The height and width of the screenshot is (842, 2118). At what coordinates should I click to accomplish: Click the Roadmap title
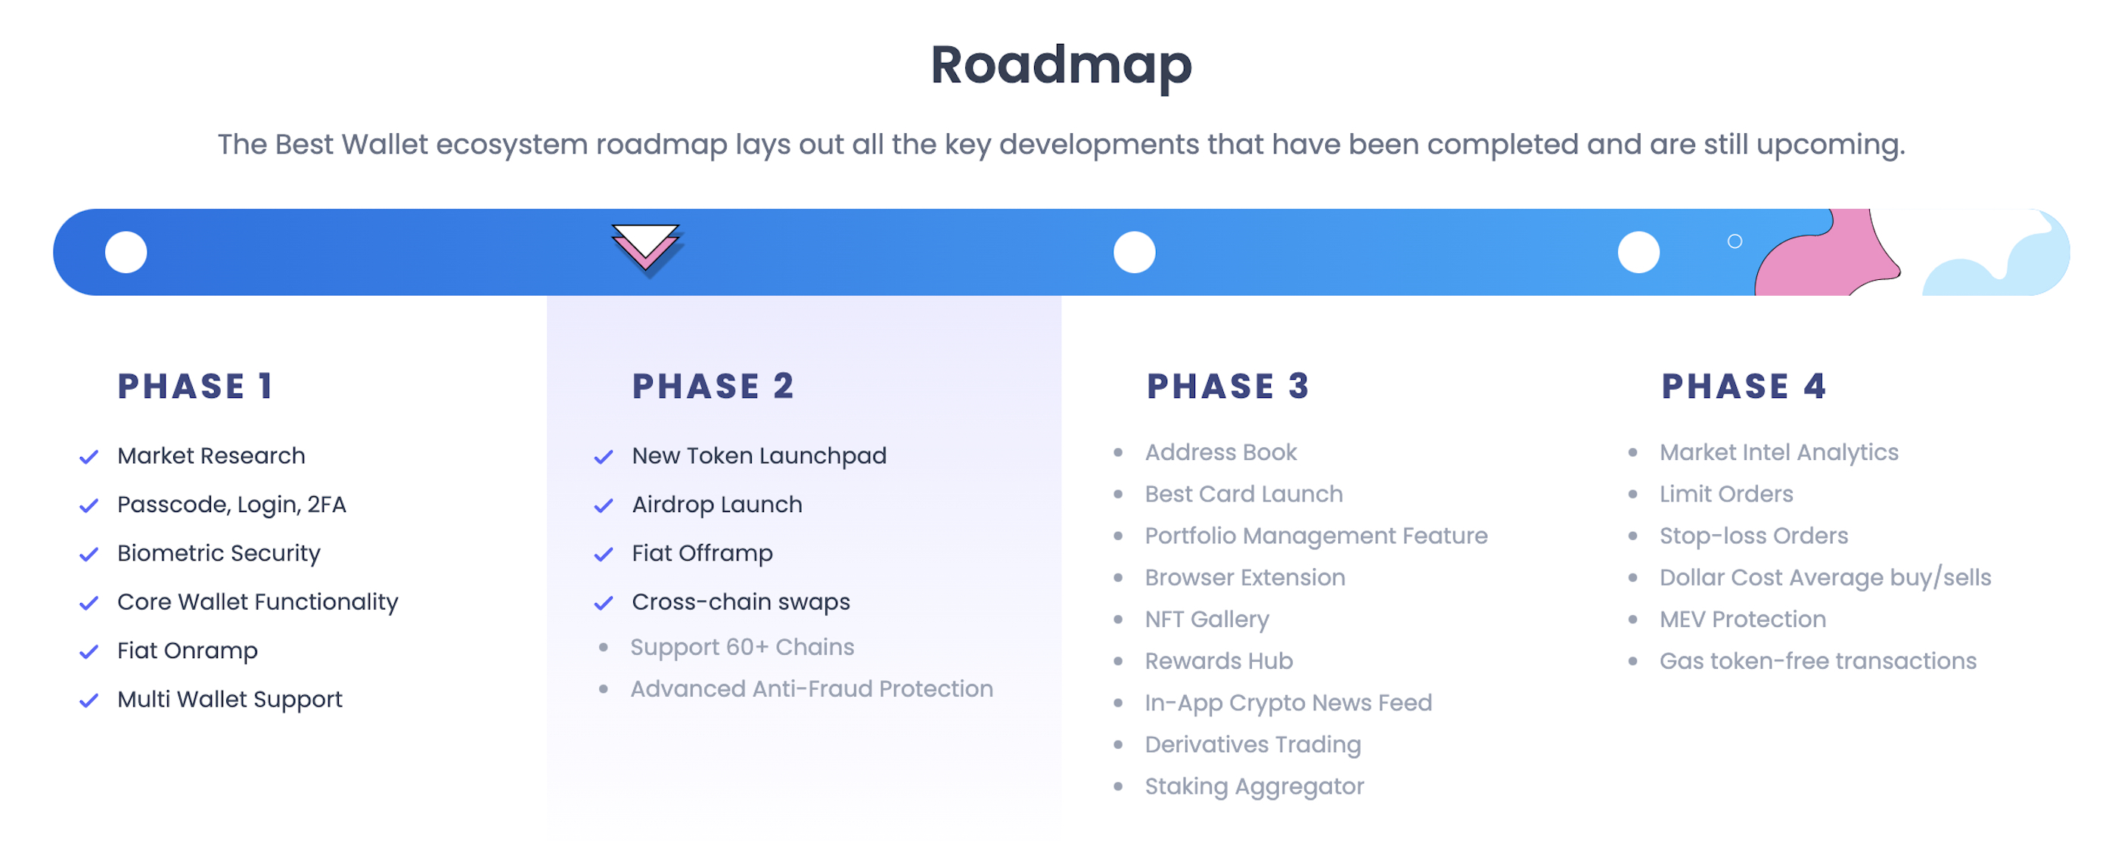pyautogui.click(x=1061, y=65)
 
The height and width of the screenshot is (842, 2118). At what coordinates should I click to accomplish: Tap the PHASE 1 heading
pyautogui.click(x=196, y=387)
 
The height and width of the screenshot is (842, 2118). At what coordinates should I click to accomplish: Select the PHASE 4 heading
pyautogui.click(x=1743, y=387)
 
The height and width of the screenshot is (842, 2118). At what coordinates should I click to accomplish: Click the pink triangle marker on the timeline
pyautogui.click(x=645, y=247)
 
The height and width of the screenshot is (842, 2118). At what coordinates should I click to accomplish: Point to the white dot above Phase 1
pyautogui.click(x=126, y=253)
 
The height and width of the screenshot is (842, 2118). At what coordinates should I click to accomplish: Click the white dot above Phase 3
pyautogui.click(x=1134, y=253)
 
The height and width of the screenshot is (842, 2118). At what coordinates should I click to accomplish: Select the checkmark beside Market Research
pyautogui.click(x=89, y=457)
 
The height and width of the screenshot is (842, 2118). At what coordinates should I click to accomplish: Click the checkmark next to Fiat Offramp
pyautogui.click(x=604, y=555)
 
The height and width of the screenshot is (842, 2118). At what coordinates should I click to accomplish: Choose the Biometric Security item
pyautogui.click(x=219, y=553)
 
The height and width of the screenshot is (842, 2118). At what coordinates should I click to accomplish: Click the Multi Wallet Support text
pyautogui.click(x=229, y=700)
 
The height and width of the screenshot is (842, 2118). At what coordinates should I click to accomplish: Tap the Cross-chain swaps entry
pyautogui.click(x=740, y=602)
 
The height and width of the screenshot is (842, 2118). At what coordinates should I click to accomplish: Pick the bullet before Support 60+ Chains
pyautogui.click(x=604, y=648)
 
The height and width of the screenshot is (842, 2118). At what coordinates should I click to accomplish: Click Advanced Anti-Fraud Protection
pyautogui.click(x=812, y=689)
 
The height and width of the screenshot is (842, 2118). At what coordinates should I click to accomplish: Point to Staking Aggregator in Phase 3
pyautogui.click(x=1254, y=787)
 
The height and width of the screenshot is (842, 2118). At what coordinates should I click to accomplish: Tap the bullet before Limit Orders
pyautogui.click(x=1633, y=494)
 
